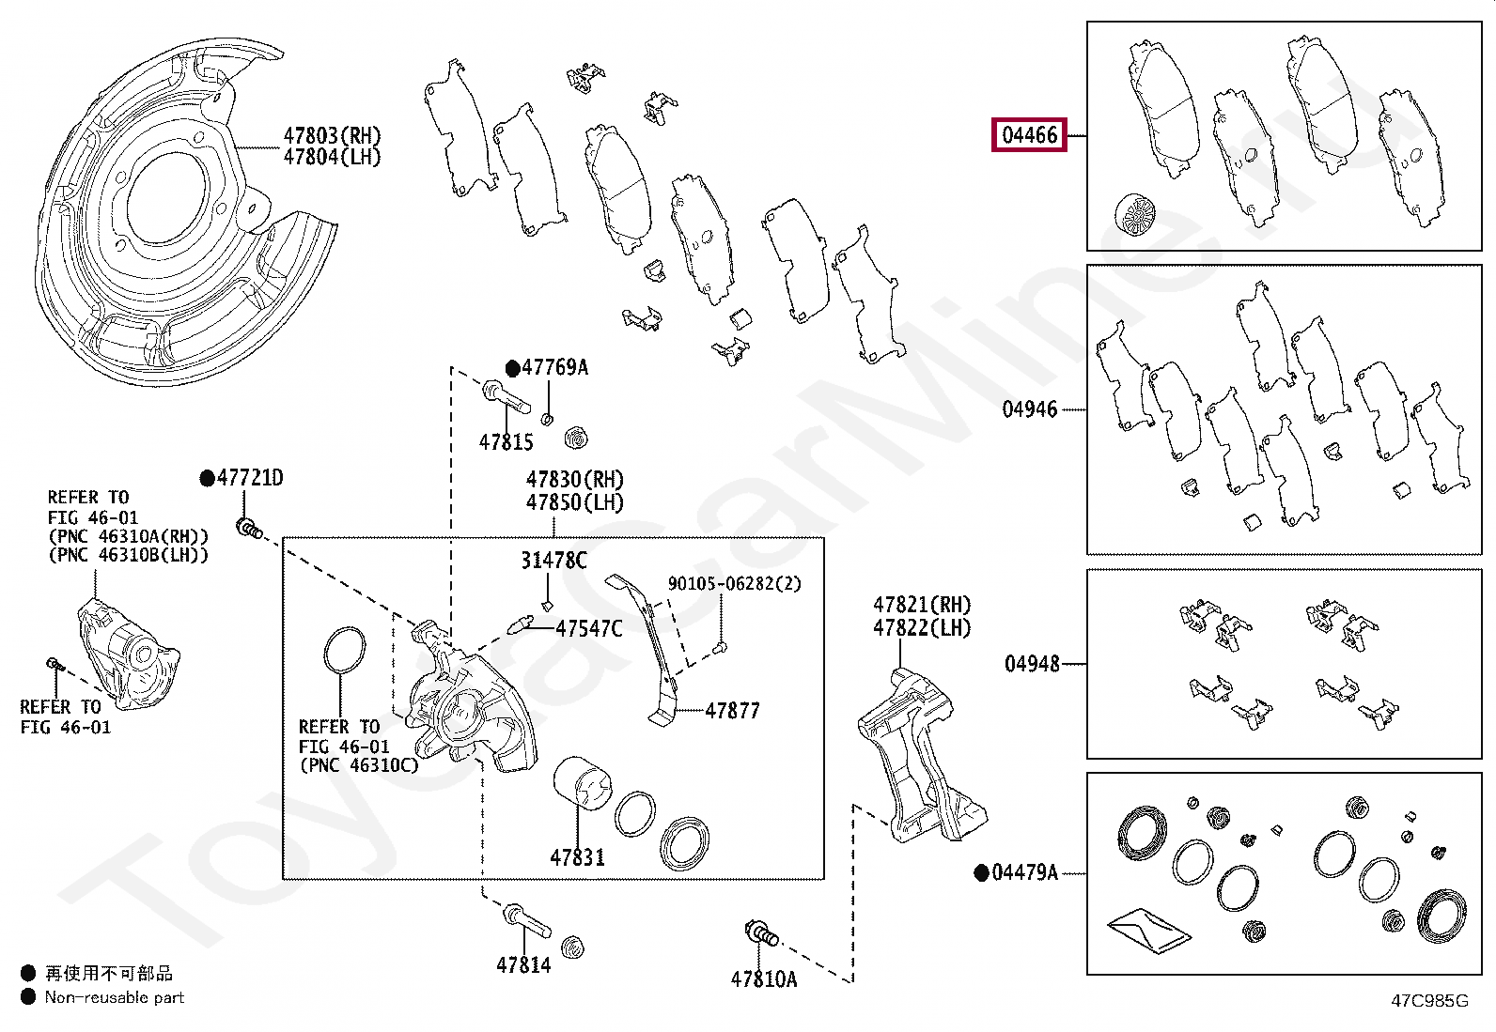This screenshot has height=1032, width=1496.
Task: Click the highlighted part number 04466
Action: [x=1030, y=135]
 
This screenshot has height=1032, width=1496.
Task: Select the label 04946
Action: [x=1030, y=409]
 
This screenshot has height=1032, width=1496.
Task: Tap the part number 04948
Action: [x=1032, y=664]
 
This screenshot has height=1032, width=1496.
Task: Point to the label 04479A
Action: [x=1024, y=872]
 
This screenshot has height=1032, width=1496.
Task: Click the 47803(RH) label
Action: [x=333, y=135]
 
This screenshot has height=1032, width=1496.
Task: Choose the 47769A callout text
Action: [x=554, y=367]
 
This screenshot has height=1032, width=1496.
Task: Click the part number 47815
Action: [x=506, y=441]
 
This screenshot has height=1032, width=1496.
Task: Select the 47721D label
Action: [x=250, y=478]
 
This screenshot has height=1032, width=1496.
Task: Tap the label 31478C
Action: [x=553, y=561]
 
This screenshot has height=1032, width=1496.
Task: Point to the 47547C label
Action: [x=588, y=628]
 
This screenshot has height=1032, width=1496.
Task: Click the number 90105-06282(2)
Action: [x=734, y=583]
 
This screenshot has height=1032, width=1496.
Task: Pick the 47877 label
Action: [x=732, y=711]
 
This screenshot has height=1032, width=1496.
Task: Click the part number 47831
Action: [x=577, y=856]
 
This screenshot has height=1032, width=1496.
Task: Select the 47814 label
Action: [x=523, y=964]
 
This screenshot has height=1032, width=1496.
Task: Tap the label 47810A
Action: [x=763, y=978]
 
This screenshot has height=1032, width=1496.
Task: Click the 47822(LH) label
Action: [x=922, y=628]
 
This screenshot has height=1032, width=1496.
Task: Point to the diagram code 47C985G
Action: [x=1429, y=1001]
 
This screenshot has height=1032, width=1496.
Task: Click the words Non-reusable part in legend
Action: [x=115, y=997]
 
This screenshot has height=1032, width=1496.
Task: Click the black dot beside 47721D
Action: [x=208, y=478]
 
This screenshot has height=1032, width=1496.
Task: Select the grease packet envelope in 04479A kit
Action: [x=1148, y=929]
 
